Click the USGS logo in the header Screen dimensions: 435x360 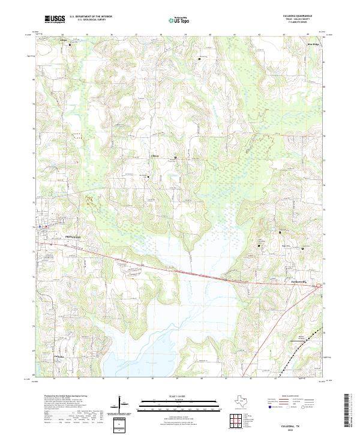[55, 20]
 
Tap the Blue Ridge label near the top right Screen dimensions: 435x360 [313, 44]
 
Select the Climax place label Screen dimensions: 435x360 [154, 157]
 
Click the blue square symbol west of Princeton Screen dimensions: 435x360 [40, 226]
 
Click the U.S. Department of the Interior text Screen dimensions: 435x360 [89, 16]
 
